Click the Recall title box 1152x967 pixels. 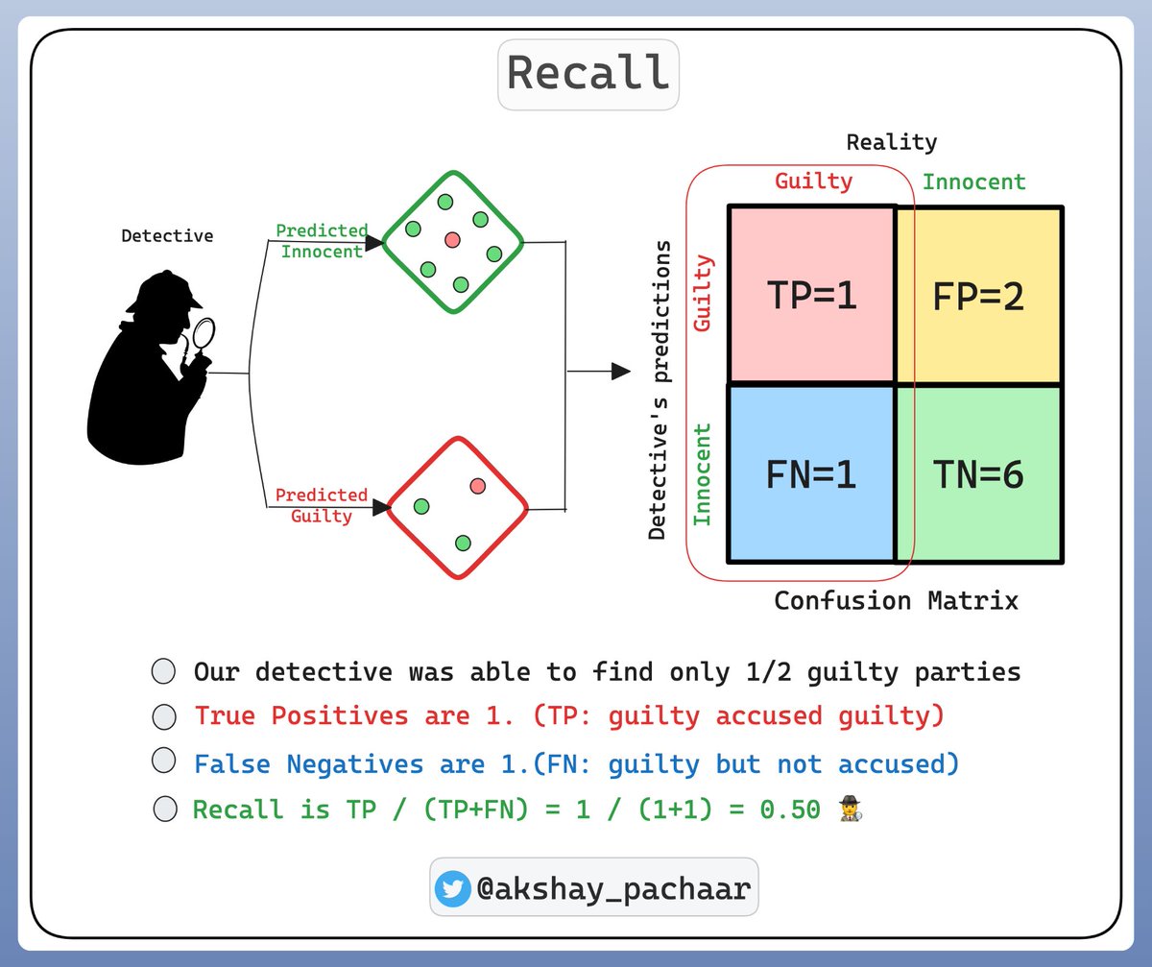click(x=588, y=74)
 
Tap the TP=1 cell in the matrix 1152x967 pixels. click(x=811, y=296)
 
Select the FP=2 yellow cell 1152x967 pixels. click(x=978, y=296)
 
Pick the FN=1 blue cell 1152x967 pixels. click(x=811, y=474)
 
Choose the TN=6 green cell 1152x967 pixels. click(x=978, y=474)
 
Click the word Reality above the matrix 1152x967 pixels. click(x=891, y=142)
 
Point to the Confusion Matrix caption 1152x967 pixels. click(x=896, y=601)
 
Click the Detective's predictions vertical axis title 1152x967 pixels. click(x=658, y=390)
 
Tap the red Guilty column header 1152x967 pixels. click(x=813, y=181)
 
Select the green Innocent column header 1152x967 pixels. click(x=973, y=181)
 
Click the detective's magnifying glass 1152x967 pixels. click(x=204, y=334)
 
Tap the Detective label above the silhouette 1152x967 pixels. click(x=167, y=235)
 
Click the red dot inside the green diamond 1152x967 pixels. click(x=452, y=239)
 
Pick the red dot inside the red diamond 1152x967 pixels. click(x=478, y=486)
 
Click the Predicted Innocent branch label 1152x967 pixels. click(x=322, y=241)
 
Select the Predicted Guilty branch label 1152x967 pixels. click(x=322, y=505)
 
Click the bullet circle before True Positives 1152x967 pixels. click(x=164, y=717)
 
